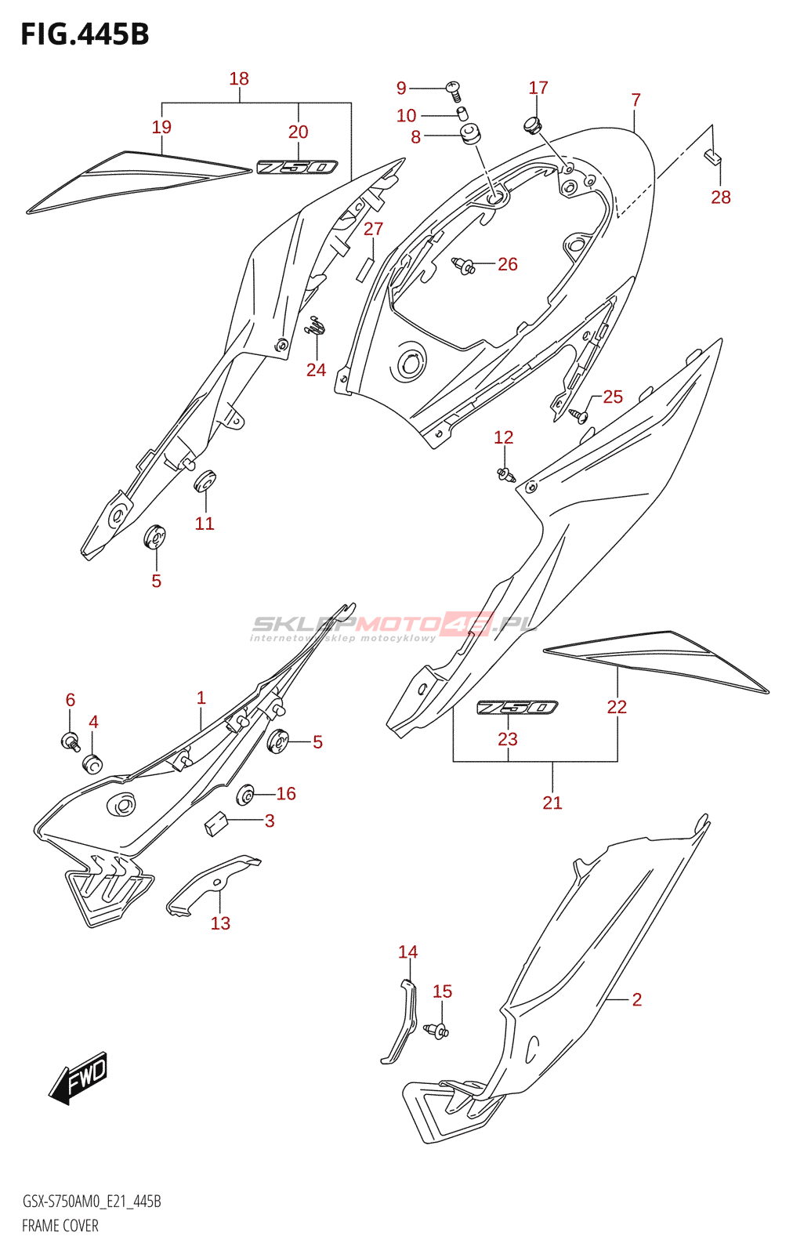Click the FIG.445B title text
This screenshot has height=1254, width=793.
(x=85, y=34)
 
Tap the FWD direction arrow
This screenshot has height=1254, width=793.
(x=78, y=1078)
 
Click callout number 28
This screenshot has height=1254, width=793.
(x=720, y=198)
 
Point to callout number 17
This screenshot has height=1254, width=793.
(x=538, y=88)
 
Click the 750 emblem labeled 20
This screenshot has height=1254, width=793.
(x=297, y=167)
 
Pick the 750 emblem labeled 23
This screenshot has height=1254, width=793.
(x=517, y=708)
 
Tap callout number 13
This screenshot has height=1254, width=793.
(x=220, y=923)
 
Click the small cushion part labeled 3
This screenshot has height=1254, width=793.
(x=215, y=823)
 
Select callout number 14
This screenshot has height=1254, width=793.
(x=407, y=951)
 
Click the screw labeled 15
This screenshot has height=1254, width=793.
(x=436, y=1031)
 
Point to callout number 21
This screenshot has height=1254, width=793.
(x=552, y=803)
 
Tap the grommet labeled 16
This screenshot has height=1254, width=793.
(x=246, y=796)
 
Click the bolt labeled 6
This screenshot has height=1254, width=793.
(x=71, y=739)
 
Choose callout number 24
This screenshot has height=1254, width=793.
(x=316, y=370)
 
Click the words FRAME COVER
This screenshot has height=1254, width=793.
(x=60, y=1226)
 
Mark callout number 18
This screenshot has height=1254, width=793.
(x=239, y=78)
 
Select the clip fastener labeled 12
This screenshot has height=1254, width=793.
(x=505, y=473)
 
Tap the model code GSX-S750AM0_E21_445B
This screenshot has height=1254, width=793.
(x=92, y=1201)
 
